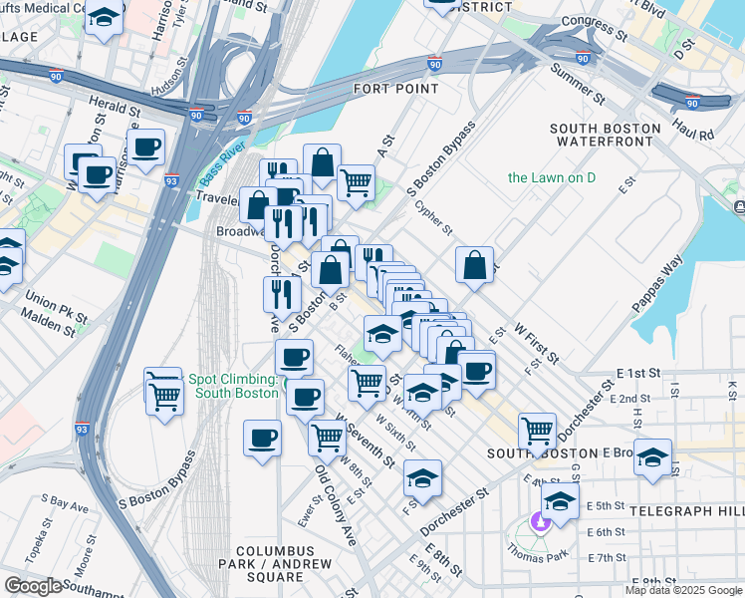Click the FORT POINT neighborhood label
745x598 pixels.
tap(395, 89)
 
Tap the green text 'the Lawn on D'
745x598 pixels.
tap(551, 177)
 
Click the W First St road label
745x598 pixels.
tap(536, 342)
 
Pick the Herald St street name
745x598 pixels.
tap(113, 107)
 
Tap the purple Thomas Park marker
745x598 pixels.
tap(540, 520)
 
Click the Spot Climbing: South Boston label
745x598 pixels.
tap(233, 386)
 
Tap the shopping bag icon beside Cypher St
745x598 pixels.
tap(475, 265)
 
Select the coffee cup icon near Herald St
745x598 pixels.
tap(146, 148)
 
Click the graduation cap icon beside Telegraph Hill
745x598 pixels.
tap(652, 456)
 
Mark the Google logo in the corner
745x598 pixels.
tap(33, 586)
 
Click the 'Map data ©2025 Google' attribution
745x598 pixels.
tap(684, 590)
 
